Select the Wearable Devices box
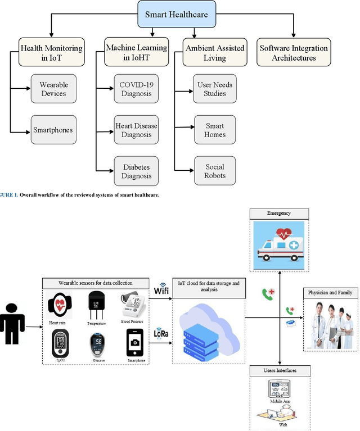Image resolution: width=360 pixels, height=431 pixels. coord(53,89)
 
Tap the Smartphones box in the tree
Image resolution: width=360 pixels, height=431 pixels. coord(52,130)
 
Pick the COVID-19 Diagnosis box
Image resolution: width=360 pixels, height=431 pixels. coord(136,89)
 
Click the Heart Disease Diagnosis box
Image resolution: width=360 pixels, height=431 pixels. coord(136,130)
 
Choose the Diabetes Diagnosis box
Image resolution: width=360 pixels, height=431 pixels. coord(136,171)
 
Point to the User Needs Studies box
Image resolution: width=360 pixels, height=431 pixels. coord(214,89)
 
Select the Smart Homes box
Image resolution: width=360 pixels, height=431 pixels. coord(214,130)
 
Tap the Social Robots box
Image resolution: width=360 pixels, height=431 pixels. coord(214,171)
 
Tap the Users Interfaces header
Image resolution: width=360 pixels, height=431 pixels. coord(280,371)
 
